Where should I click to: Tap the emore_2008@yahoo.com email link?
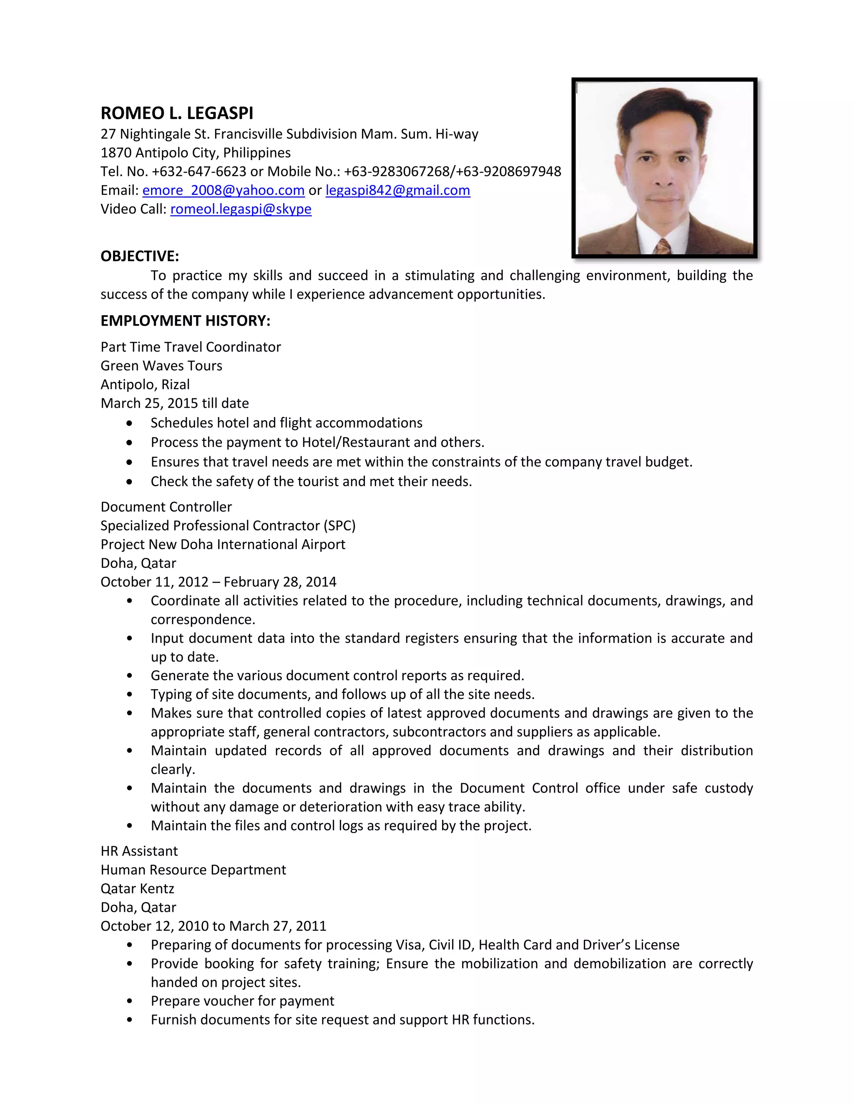point(223,190)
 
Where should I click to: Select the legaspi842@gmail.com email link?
point(398,190)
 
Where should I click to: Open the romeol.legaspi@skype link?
point(241,209)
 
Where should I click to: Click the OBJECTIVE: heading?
point(140,256)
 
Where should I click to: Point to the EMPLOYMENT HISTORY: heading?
point(185,321)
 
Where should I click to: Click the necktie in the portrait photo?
point(662,246)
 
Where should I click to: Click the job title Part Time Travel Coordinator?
point(190,347)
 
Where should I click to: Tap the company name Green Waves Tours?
point(161,366)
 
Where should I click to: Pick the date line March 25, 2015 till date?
point(175,403)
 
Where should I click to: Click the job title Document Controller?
point(166,507)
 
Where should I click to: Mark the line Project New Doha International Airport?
point(223,545)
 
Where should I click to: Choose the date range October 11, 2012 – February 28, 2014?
point(218,582)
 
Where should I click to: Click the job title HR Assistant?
point(139,851)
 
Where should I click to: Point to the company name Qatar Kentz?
point(137,889)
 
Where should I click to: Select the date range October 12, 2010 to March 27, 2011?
point(213,926)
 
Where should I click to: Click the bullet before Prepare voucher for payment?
point(130,1001)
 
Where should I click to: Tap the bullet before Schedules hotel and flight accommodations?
point(130,423)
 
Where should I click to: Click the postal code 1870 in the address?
point(116,153)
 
